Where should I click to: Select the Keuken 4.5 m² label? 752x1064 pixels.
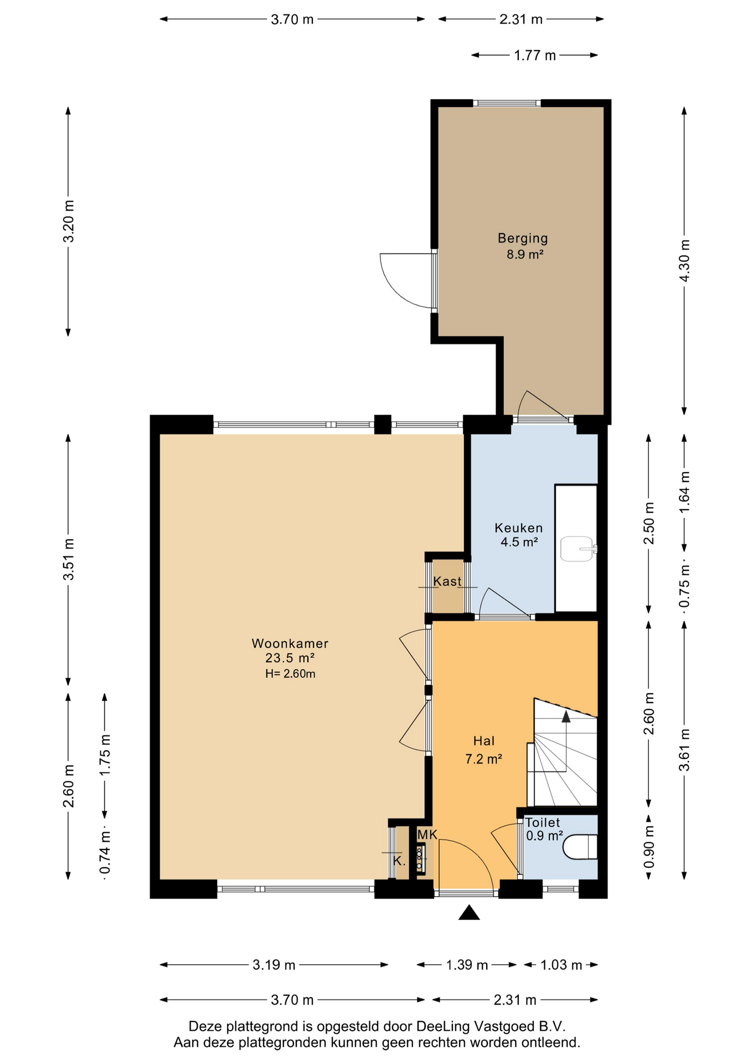[x=519, y=535]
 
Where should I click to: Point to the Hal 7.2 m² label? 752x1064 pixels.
[x=483, y=750]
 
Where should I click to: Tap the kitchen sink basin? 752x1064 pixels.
[x=577, y=549]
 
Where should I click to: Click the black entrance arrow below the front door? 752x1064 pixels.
[x=469, y=913]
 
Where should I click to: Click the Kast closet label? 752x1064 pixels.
[x=447, y=581]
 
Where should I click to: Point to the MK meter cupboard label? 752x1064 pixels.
[x=427, y=835]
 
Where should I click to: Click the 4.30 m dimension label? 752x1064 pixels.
[x=684, y=260]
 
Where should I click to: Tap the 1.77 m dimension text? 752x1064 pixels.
[x=535, y=55]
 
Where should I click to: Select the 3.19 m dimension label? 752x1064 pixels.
[x=274, y=965]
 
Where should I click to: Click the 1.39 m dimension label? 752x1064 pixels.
[x=467, y=965]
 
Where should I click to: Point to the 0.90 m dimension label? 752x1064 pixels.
[x=649, y=847]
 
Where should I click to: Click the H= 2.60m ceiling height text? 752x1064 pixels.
[x=290, y=674]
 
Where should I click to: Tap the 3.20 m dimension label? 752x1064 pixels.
[x=68, y=221]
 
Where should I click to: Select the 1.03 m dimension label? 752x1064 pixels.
[x=561, y=965]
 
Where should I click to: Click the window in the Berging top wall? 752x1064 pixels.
[x=507, y=103]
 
